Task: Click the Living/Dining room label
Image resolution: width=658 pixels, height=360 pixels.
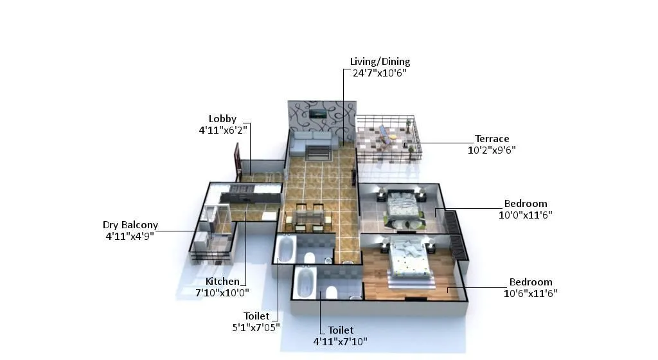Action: pos(380,62)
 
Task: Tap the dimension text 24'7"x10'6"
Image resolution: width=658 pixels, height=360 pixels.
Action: pos(380,73)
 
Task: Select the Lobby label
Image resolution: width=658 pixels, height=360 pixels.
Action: pos(222,118)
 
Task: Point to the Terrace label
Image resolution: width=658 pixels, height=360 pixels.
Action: pos(492,138)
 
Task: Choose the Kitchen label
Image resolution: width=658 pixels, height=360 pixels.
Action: pos(222,282)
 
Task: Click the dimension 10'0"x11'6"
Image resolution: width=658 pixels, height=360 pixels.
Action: pos(526,215)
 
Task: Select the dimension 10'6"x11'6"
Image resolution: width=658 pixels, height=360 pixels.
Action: pos(531,293)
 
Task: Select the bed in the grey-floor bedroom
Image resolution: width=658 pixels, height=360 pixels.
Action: pos(402,208)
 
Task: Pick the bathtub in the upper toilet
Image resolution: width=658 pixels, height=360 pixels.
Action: pos(285,249)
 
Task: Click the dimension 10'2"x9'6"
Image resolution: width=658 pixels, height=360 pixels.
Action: pos(492,150)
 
